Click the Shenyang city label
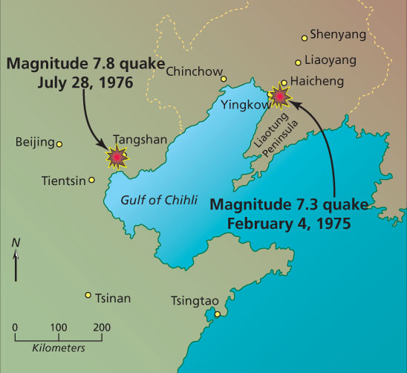pos(338,34)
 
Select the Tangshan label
pos(136,139)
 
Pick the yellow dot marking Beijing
pos(60,143)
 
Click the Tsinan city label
pos(113,299)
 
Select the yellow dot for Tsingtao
pos(218,314)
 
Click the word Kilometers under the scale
pos(58,347)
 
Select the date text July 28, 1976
pos(87,80)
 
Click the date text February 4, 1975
pos(288,221)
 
